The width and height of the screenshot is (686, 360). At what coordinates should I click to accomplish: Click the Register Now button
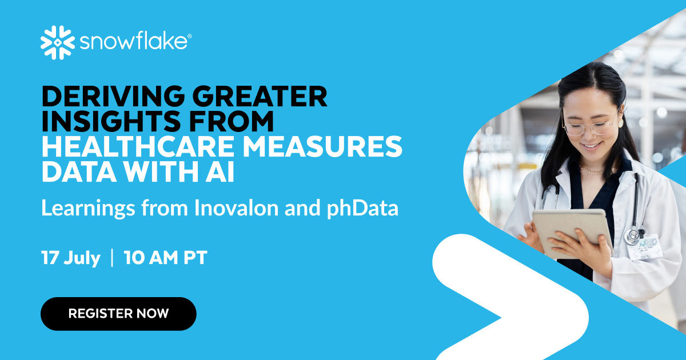click(118, 314)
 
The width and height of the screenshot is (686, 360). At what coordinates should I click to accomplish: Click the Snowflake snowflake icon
click(58, 42)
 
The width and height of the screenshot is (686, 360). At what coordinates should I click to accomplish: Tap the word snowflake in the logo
click(134, 42)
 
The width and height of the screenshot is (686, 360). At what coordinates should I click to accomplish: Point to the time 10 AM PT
click(165, 258)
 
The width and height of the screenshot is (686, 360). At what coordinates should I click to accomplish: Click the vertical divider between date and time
click(112, 258)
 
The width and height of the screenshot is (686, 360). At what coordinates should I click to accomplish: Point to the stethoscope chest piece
click(632, 235)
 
